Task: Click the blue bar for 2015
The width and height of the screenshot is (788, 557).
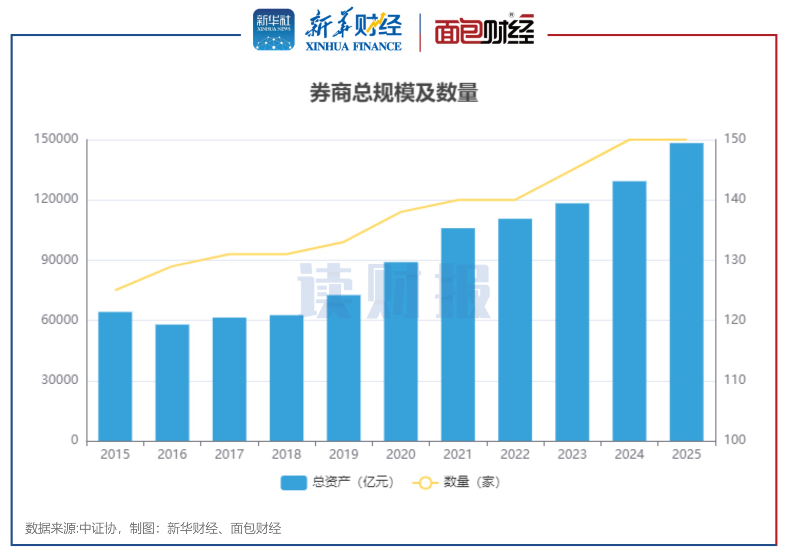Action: [x=115, y=376]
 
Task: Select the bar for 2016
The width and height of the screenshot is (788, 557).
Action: [x=172, y=382]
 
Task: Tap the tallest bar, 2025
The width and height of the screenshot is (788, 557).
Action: [x=686, y=292]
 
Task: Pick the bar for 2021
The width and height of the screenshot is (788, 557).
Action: [x=458, y=334]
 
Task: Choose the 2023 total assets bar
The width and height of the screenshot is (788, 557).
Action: [x=572, y=322]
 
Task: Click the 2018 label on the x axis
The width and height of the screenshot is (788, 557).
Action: [x=287, y=454]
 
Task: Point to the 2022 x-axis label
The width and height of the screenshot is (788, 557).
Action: [x=515, y=454]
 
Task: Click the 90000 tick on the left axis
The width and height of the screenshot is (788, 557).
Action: [x=60, y=260]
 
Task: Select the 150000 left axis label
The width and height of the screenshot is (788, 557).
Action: [x=56, y=139]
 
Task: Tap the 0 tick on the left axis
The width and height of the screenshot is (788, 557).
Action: [x=75, y=440]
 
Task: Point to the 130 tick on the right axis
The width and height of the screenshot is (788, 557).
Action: [x=735, y=260]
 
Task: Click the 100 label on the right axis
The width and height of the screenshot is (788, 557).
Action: [x=735, y=440]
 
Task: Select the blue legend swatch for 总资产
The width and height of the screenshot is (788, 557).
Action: [x=293, y=483]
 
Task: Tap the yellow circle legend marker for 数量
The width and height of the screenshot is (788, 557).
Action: [x=425, y=483]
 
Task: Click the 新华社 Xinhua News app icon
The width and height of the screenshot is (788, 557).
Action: [x=274, y=30]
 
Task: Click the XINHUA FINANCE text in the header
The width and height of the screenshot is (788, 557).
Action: [x=354, y=46]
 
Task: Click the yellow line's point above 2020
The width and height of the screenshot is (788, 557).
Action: [x=401, y=212]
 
